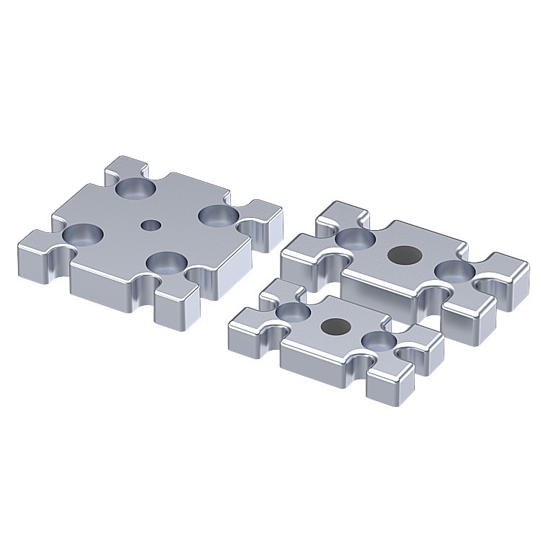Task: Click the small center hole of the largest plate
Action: point(150,225)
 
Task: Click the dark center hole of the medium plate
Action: point(404,254)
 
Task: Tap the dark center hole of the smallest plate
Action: point(334,325)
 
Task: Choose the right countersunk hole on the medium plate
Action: point(455,272)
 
